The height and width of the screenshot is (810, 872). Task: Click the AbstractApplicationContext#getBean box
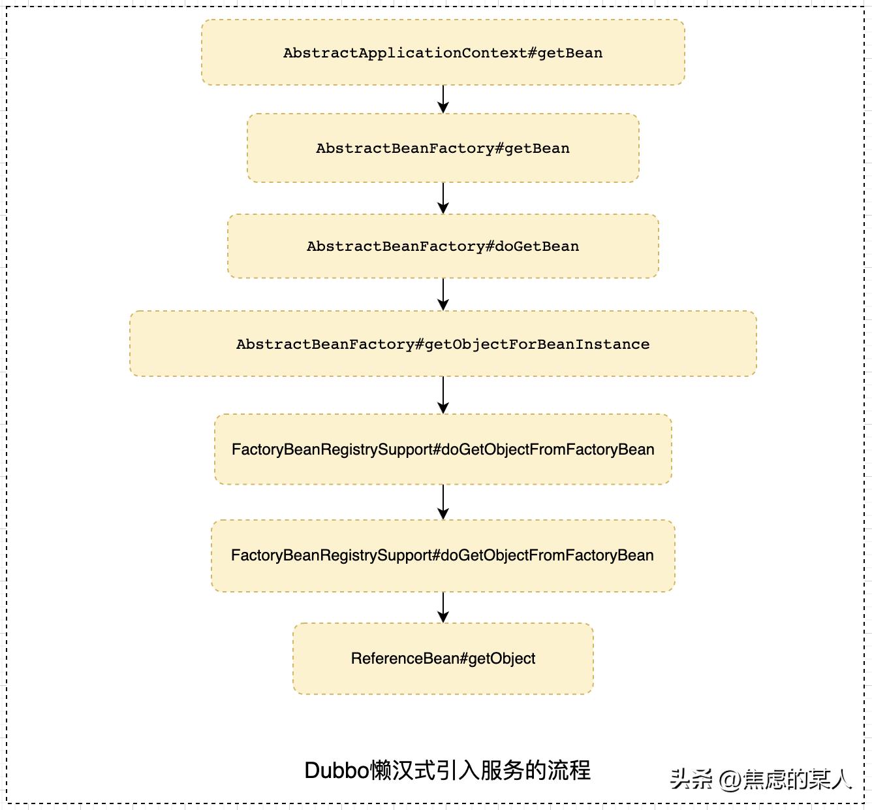pos(443,52)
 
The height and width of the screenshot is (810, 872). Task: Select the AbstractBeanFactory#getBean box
pos(443,148)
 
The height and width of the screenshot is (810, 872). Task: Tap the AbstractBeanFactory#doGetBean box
pos(443,246)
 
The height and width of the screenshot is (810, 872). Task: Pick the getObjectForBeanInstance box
pos(443,344)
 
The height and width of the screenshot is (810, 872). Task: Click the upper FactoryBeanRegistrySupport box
pos(443,449)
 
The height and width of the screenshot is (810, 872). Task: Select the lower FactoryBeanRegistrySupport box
pos(443,555)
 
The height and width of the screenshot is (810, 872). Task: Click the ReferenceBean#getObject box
pos(443,658)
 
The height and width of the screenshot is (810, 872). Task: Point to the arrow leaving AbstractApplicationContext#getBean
pos(443,99)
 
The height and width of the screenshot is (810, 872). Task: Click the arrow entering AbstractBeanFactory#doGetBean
pos(443,198)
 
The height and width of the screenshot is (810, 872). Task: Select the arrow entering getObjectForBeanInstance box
pos(443,294)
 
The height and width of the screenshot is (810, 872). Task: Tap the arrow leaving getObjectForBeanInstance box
pos(443,395)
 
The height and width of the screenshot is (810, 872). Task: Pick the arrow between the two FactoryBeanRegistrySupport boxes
pos(443,502)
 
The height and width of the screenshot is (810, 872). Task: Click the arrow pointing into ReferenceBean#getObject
pos(443,607)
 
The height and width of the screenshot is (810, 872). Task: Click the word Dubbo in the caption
pos(337,770)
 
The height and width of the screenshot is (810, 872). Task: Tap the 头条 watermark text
pos(691,779)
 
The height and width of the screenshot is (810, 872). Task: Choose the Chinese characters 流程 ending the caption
pos(568,770)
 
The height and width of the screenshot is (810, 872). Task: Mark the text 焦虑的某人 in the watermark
pos(797,779)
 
